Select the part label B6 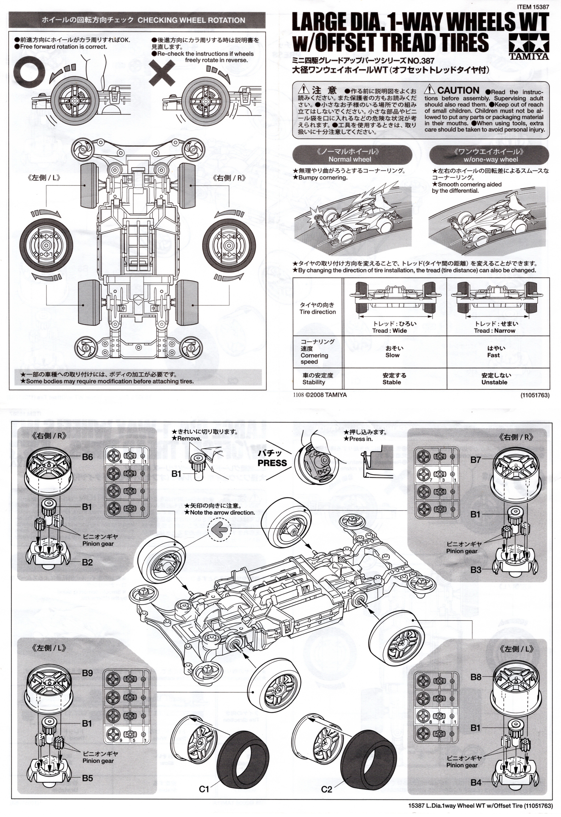(87, 457)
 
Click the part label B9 (87, 673)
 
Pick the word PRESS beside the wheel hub (272, 463)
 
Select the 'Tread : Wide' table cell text (389, 330)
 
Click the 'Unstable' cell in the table (494, 382)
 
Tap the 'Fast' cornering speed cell (493, 355)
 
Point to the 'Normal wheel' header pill (352, 155)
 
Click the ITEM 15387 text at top (533, 7)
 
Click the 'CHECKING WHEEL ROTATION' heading (191, 20)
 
